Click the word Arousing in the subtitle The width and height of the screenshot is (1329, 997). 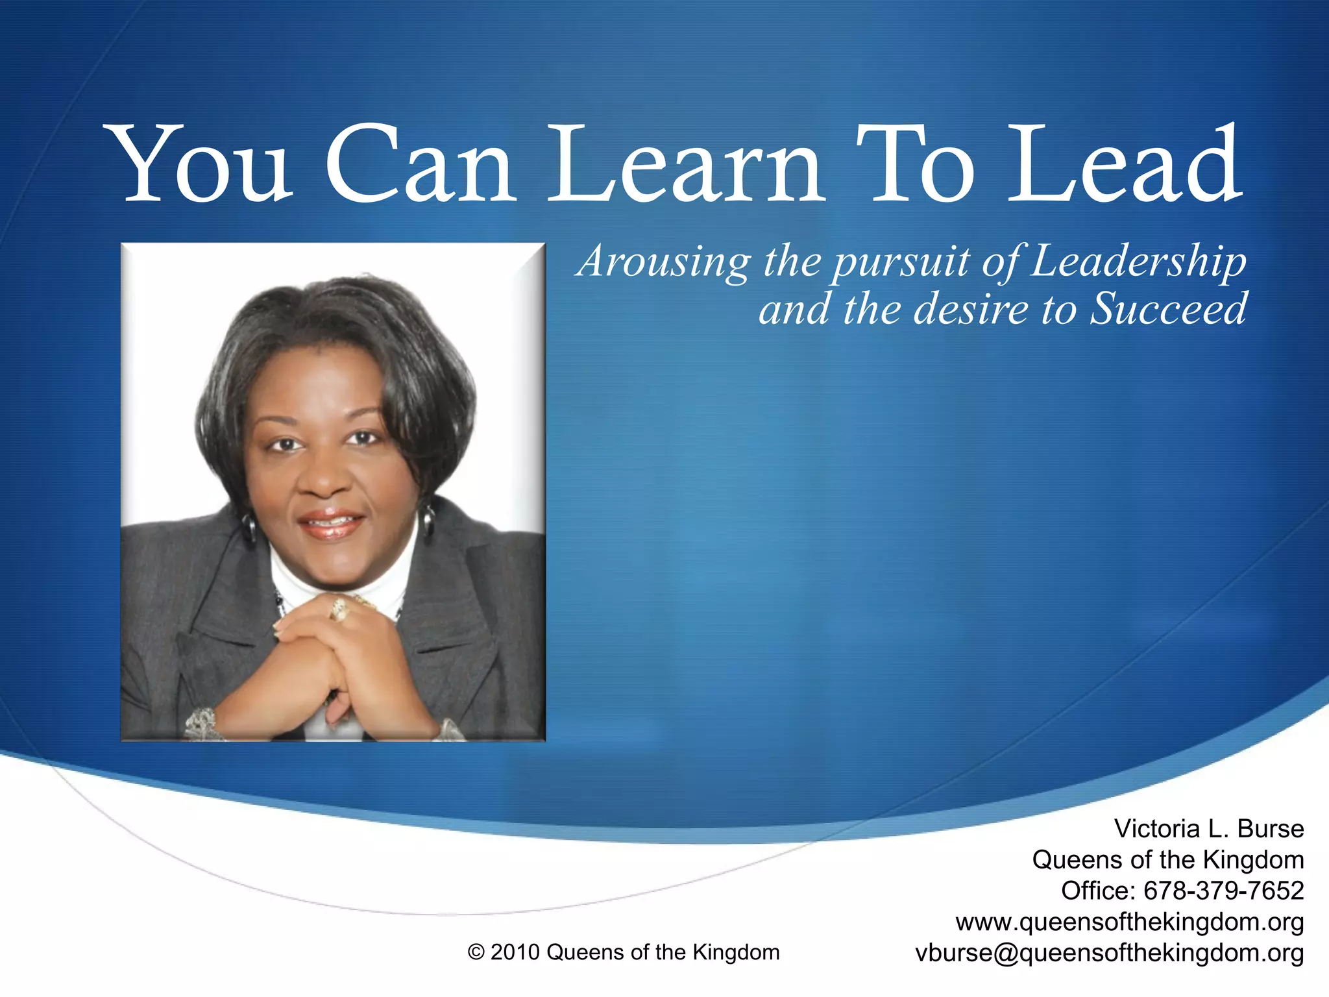click(663, 261)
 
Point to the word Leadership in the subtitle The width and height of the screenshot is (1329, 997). click(1138, 261)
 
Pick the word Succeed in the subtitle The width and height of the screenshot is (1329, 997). click(1168, 309)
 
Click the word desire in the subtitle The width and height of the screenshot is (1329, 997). click(971, 309)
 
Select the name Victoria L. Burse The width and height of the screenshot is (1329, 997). click(1208, 829)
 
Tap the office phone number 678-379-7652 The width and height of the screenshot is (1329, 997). click(1223, 891)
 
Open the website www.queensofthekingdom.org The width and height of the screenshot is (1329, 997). click(1129, 922)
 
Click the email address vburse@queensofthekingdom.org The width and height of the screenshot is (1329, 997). click(1109, 953)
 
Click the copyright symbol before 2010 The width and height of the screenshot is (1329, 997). click(476, 953)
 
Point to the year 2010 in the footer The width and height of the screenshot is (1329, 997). click(515, 952)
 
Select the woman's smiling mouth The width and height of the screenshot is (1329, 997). click(332, 523)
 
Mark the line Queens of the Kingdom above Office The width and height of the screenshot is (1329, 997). click(1167, 860)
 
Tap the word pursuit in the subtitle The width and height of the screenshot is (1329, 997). click(902, 262)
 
